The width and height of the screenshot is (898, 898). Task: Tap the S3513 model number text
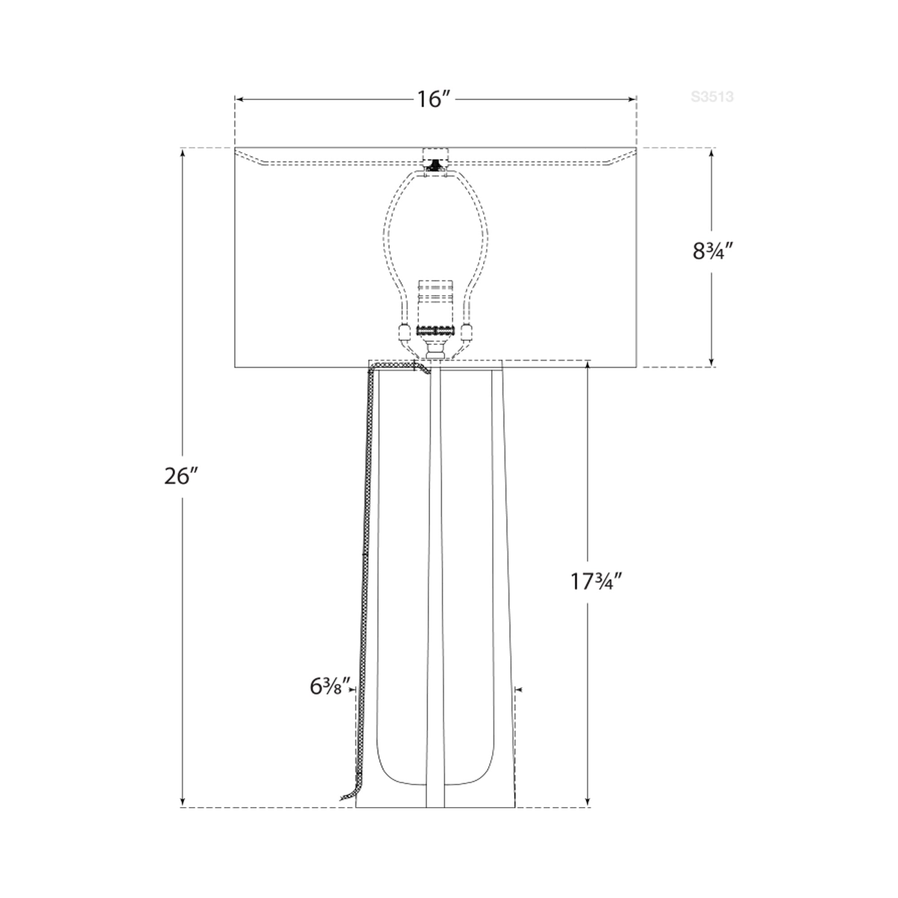point(712,97)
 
